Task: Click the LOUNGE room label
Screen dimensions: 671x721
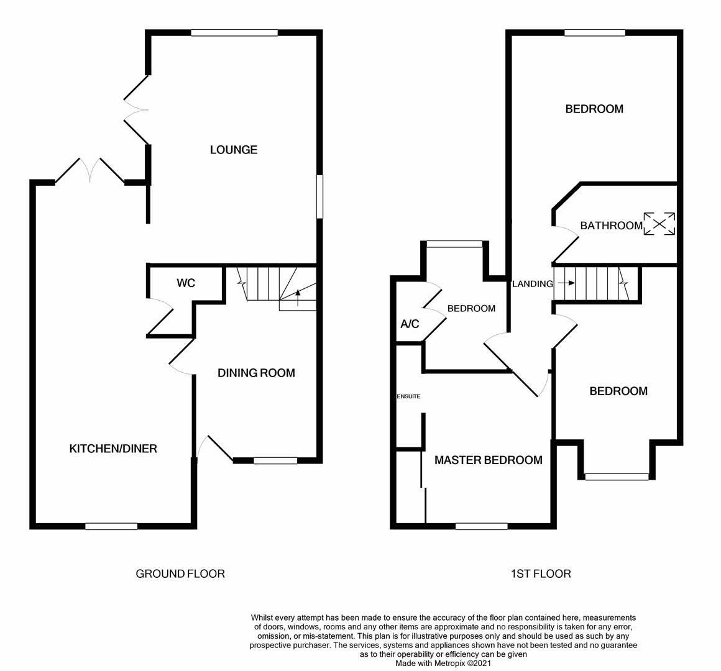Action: point(233,150)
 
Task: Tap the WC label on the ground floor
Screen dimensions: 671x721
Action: point(186,283)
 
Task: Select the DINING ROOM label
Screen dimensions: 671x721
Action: point(256,373)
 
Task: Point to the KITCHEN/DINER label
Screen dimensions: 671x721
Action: point(113,449)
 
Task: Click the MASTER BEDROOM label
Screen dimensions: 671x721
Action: point(488,460)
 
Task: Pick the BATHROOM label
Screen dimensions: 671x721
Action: point(611,226)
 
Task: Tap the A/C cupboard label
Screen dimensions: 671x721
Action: point(410,324)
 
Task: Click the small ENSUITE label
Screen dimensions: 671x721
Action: point(408,396)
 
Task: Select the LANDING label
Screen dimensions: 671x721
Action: point(532,284)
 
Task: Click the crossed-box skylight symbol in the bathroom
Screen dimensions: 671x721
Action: point(659,224)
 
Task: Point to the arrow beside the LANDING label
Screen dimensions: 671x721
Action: point(566,283)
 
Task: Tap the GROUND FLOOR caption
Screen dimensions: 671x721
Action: point(180,573)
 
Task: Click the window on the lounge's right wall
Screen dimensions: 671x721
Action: point(319,196)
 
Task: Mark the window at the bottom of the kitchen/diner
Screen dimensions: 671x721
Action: point(111,526)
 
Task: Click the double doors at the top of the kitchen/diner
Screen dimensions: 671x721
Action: point(91,170)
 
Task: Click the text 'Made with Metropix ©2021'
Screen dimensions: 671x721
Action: point(444,663)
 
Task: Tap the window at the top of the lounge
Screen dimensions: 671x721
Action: point(234,33)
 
